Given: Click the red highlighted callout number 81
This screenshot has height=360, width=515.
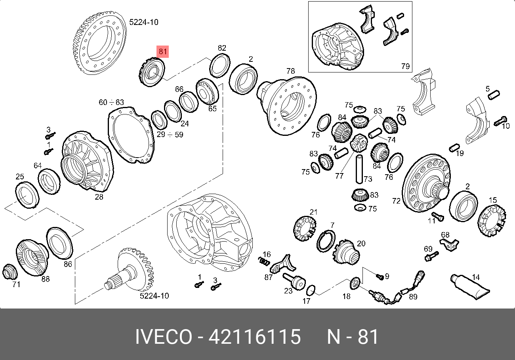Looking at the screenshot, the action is [x=162, y=51].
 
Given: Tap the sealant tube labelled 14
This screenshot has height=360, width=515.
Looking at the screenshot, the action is [x=470, y=287].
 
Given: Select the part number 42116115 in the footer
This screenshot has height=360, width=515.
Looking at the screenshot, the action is [x=254, y=337].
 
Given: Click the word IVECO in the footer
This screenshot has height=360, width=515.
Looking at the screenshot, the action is [x=164, y=337].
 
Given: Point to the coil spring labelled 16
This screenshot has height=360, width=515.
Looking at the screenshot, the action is [x=264, y=261].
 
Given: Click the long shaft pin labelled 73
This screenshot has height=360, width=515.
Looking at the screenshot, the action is [x=359, y=169].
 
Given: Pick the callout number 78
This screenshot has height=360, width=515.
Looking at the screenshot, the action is [x=291, y=71].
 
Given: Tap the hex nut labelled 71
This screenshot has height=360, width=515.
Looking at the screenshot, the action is [x=10, y=272].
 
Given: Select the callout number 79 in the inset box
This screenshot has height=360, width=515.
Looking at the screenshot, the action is [x=405, y=66].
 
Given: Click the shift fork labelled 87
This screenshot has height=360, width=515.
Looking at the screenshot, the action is [x=282, y=265].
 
